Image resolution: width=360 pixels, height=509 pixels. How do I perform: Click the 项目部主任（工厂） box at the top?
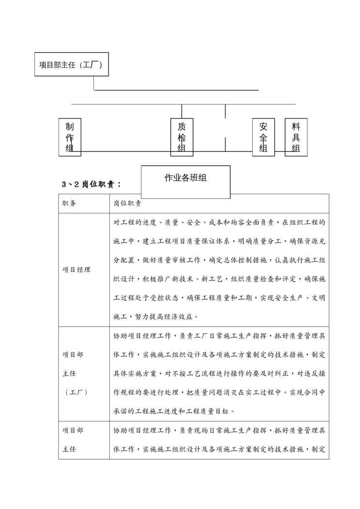click(71, 65)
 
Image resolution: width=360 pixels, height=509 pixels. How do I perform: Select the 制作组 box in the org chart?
click(70, 137)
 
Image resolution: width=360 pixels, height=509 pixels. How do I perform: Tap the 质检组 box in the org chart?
click(181, 137)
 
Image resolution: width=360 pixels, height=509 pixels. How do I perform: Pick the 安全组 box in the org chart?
click(263, 137)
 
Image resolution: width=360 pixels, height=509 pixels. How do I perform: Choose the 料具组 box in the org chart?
click(296, 137)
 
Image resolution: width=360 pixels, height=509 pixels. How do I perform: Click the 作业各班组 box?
click(185, 178)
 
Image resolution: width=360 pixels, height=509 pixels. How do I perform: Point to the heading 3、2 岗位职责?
click(92, 184)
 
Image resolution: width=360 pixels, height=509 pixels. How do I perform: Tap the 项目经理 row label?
click(76, 270)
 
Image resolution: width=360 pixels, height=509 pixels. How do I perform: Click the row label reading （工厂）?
click(76, 392)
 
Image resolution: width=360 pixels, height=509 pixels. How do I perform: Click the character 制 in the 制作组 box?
click(70, 127)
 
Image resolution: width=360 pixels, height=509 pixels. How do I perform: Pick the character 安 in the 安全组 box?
click(263, 127)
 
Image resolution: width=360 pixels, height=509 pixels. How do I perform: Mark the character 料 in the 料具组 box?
click(296, 127)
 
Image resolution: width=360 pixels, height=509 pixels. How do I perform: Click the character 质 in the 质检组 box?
click(181, 127)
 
